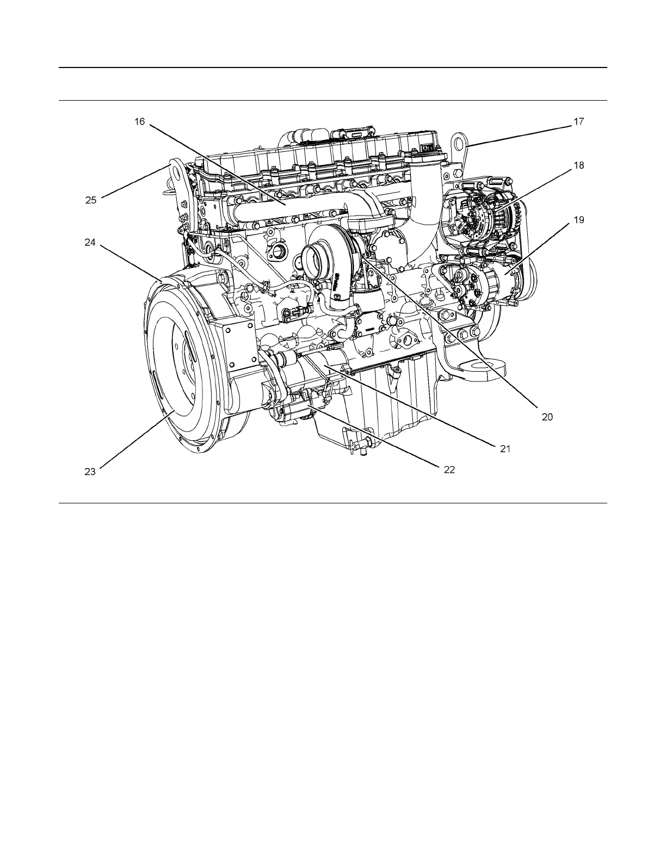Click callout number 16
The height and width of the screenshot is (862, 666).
point(140,121)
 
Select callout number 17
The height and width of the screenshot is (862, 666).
point(578,122)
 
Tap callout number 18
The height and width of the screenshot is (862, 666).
point(578,165)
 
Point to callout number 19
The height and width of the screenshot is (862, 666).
point(578,220)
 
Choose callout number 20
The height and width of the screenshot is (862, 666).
point(547,417)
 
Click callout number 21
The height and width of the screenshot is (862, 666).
point(505,449)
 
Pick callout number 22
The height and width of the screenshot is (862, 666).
point(449,469)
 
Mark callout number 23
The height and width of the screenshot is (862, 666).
point(90,471)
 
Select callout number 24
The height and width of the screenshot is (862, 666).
point(90,243)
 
